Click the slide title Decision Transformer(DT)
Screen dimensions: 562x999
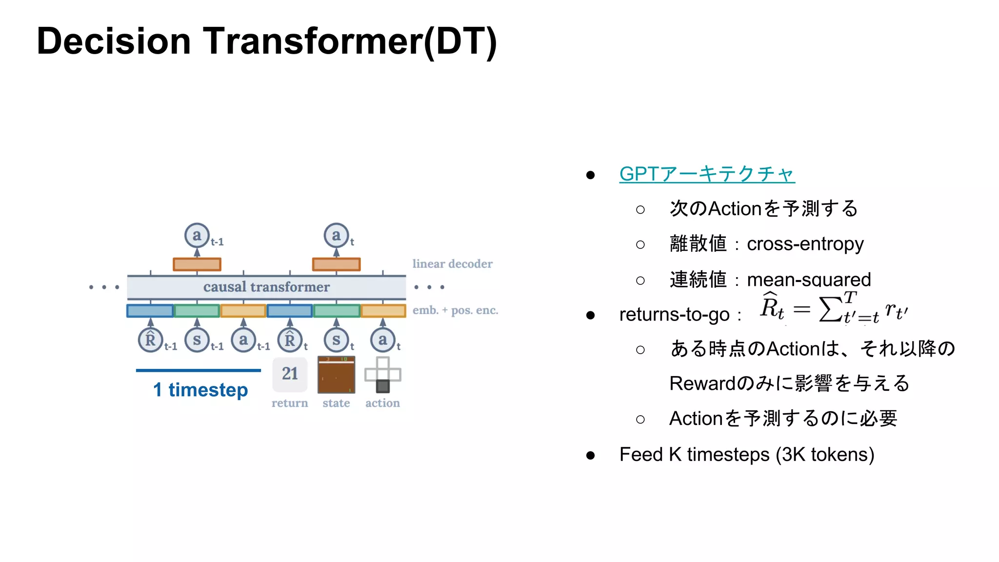click(x=266, y=42)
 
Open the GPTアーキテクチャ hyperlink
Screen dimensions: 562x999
click(x=707, y=174)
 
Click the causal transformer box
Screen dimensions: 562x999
click(x=266, y=287)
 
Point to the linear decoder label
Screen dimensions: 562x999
click(x=452, y=264)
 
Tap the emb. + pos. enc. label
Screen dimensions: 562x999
click(x=455, y=310)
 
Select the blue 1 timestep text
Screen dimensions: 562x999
click(x=200, y=390)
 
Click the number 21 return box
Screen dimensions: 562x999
click(x=290, y=374)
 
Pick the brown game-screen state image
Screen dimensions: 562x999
click(x=336, y=375)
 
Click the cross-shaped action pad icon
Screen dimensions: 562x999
click(x=382, y=375)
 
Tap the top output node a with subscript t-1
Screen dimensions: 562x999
click(x=197, y=236)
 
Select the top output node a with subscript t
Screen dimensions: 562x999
click(x=336, y=236)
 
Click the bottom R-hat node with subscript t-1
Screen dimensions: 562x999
click(x=150, y=340)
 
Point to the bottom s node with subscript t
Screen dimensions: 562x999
click(x=336, y=340)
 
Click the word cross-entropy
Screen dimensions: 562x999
click(x=805, y=244)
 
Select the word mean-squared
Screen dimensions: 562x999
click(x=809, y=280)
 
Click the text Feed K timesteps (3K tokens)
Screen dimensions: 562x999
click(x=746, y=455)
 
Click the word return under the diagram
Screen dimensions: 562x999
click(x=290, y=403)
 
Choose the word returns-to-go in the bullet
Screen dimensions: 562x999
click(x=674, y=315)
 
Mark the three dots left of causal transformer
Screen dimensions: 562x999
click(x=104, y=287)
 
